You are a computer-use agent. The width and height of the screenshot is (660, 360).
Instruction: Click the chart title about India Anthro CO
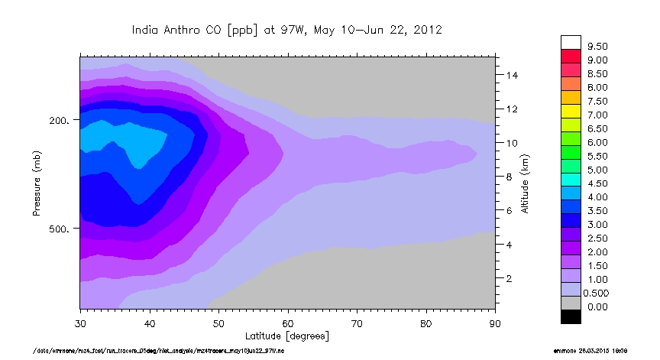pos(286,30)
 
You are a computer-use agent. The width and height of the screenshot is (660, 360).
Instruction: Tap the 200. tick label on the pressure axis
pos(60,121)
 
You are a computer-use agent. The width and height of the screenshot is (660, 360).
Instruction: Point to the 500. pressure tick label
pos(60,229)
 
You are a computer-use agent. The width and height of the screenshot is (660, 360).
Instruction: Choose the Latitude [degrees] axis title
pos(286,336)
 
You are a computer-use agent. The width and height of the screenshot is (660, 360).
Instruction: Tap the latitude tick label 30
pos(80,323)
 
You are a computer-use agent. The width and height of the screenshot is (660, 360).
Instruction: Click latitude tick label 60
pos(288,323)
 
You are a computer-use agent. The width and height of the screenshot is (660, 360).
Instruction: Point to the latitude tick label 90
pos(495,323)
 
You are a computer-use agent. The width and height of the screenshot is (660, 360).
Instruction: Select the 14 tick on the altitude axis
pos(511,75)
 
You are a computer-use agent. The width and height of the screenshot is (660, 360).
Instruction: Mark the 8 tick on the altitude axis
pos(509,177)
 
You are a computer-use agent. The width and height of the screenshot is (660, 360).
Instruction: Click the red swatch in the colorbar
pos(571,56)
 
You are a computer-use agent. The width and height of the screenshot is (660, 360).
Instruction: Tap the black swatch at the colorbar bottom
pos(571,316)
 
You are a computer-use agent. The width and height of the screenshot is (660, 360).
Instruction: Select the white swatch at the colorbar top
pos(571,42)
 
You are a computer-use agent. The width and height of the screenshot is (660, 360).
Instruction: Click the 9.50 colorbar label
pos(597,47)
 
